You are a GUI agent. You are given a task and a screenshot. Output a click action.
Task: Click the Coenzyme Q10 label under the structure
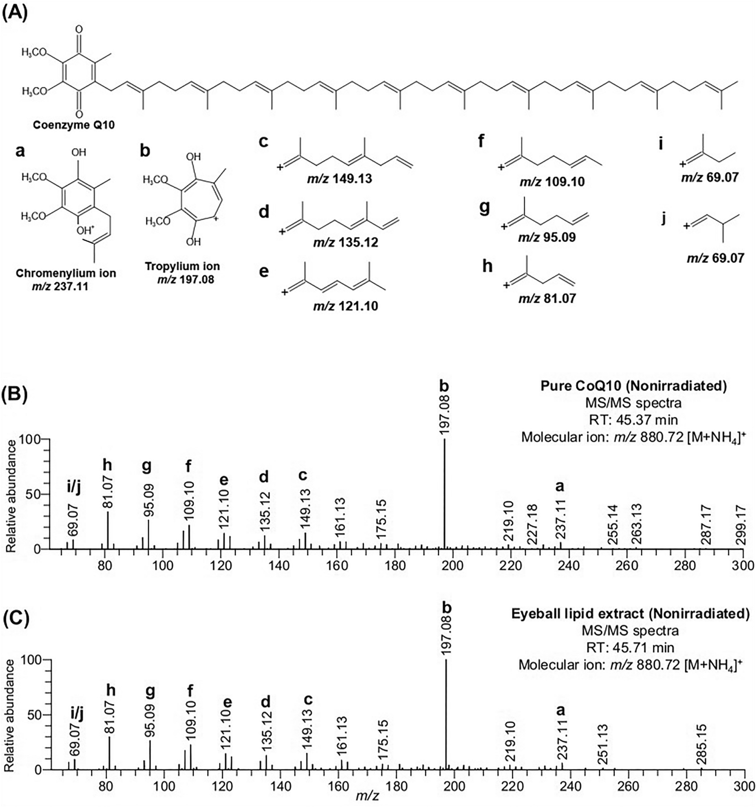click(x=73, y=125)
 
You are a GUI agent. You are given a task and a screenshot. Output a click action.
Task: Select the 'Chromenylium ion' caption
click(x=66, y=273)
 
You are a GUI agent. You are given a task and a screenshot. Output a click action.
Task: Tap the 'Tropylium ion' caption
click(x=182, y=266)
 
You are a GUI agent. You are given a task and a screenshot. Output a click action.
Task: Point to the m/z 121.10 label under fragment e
click(x=345, y=306)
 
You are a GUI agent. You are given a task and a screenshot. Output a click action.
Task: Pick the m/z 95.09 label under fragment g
click(x=547, y=238)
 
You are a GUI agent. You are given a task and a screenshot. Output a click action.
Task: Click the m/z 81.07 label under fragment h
click(x=547, y=299)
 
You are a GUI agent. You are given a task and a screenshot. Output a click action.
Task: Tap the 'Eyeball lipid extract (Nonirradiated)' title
click(x=630, y=614)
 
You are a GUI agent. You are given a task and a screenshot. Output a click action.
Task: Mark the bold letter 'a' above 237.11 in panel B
click(x=560, y=486)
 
